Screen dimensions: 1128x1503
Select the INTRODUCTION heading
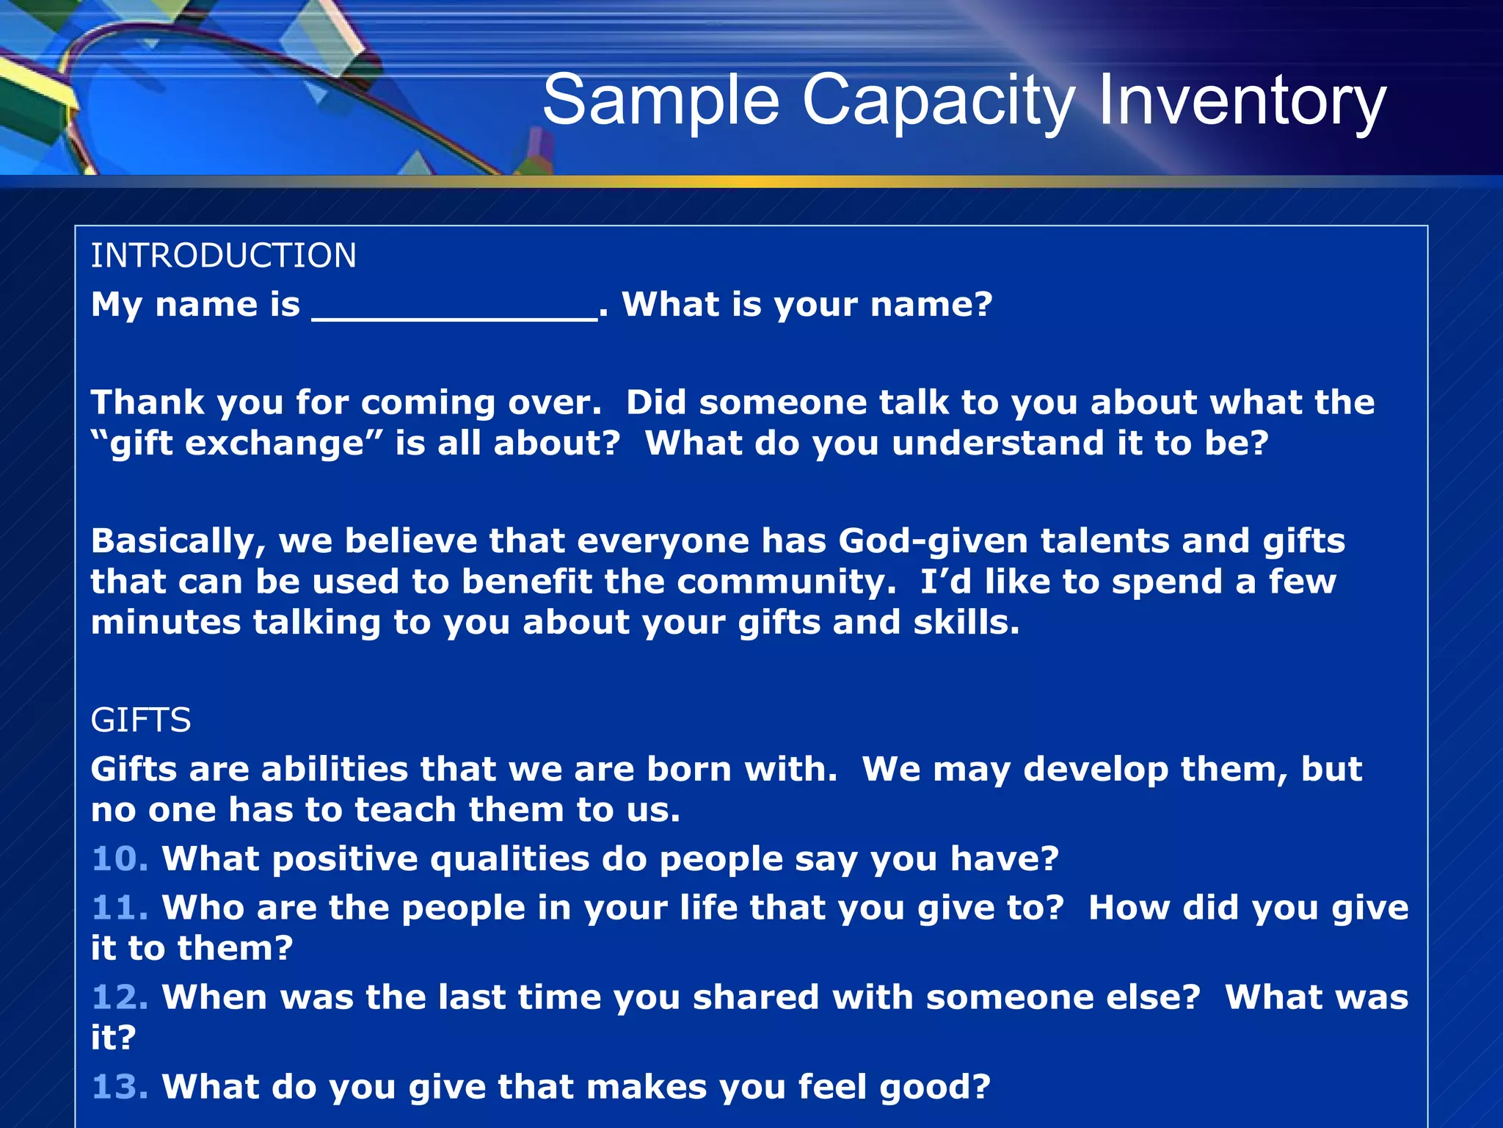(223, 256)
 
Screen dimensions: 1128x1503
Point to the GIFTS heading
(140, 720)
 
